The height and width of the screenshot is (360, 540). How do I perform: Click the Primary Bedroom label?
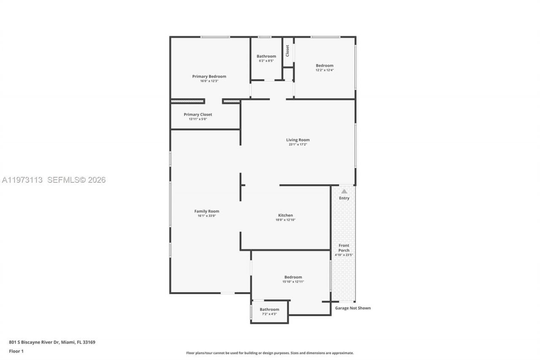click(x=209, y=76)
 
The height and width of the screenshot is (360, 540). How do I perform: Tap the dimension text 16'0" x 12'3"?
click(x=209, y=81)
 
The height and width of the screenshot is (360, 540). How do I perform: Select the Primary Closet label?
click(x=198, y=114)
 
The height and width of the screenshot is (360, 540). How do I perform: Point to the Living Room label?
click(x=298, y=140)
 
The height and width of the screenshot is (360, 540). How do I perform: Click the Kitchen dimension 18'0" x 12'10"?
click(x=285, y=220)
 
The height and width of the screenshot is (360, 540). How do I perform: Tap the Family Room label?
click(x=207, y=211)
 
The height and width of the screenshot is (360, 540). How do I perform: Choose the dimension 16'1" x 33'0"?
click(x=207, y=216)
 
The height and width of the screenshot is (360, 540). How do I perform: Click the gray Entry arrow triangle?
click(x=344, y=191)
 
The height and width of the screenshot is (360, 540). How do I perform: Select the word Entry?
click(x=344, y=198)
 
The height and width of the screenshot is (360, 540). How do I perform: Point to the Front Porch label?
click(x=344, y=248)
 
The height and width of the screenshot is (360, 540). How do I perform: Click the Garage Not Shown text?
click(x=353, y=308)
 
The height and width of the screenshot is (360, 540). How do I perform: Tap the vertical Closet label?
click(x=287, y=51)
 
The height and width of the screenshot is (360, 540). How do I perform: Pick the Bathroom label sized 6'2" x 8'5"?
click(x=266, y=56)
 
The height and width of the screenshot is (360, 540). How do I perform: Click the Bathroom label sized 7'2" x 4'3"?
click(x=269, y=309)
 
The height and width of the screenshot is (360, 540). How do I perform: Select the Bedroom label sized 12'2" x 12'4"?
click(x=324, y=65)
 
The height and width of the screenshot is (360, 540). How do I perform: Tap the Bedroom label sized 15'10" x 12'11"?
click(x=293, y=277)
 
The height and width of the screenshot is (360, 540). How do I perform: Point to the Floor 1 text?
click(x=16, y=351)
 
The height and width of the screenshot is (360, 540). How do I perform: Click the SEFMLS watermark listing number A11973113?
click(x=22, y=180)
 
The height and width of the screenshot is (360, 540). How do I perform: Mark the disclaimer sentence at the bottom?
click(x=270, y=353)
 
